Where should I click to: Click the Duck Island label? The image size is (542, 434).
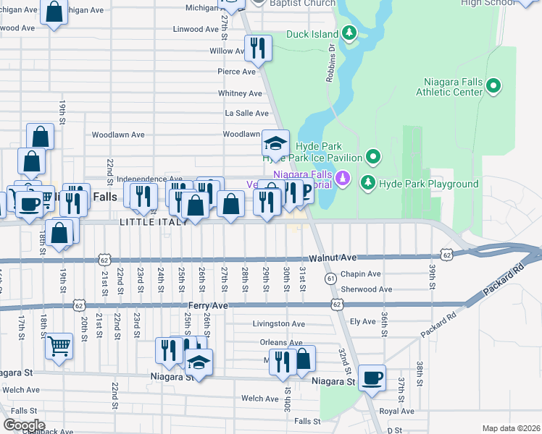pyautogui.click(x=313, y=33)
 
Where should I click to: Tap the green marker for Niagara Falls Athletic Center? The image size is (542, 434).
pyautogui.click(x=493, y=87)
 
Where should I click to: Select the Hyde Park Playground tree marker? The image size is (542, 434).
pyautogui.click(x=370, y=183)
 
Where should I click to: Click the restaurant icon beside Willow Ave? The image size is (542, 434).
pyautogui.click(x=258, y=48)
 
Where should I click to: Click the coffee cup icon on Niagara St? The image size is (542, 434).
pyautogui.click(x=372, y=378)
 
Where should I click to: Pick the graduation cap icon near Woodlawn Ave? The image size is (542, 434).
pyautogui.click(x=275, y=142)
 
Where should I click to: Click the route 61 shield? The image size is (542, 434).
pyautogui.click(x=330, y=278)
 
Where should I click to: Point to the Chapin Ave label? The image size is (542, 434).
pyautogui.click(x=360, y=274)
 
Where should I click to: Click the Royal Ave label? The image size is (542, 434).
pyautogui.click(x=396, y=411)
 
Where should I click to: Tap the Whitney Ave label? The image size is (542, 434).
pyautogui.click(x=240, y=93)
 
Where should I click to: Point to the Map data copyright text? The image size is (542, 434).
pyautogui.click(x=510, y=428)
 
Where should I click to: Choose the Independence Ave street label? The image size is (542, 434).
pyautogui.click(x=149, y=179)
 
